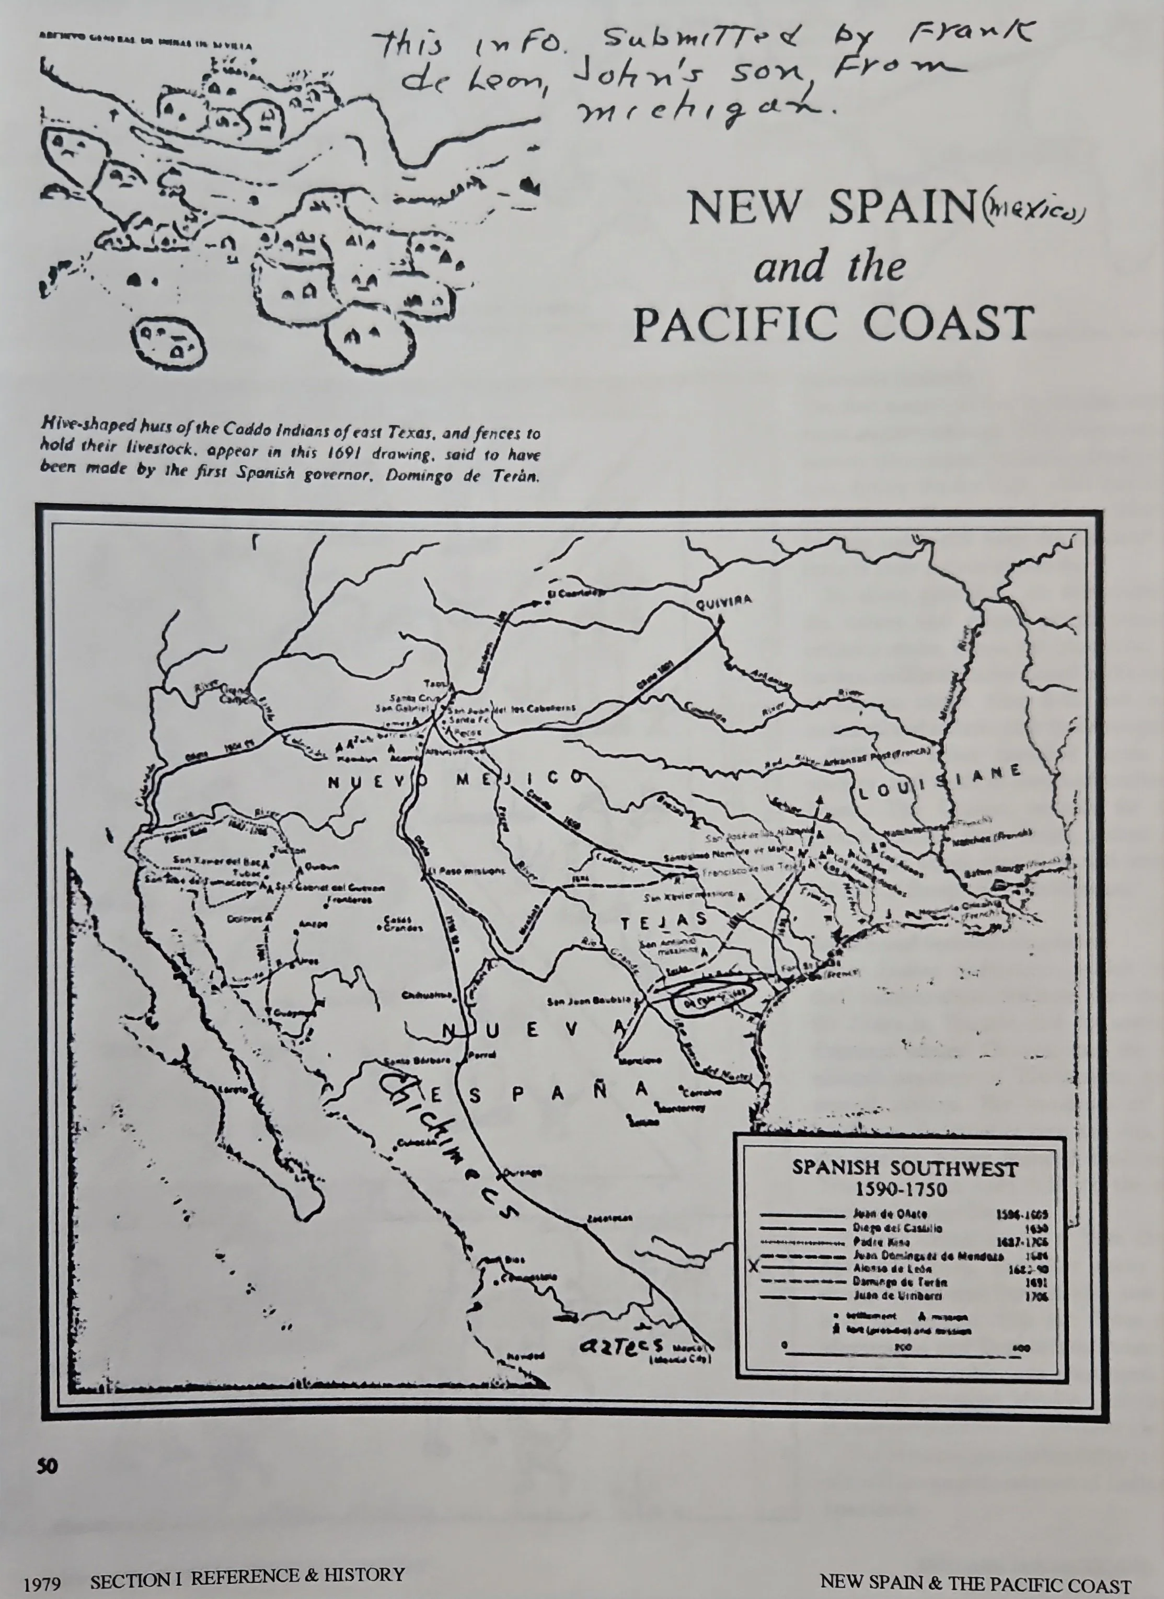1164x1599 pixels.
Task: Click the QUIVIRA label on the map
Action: pyautogui.click(x=723, y=601)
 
